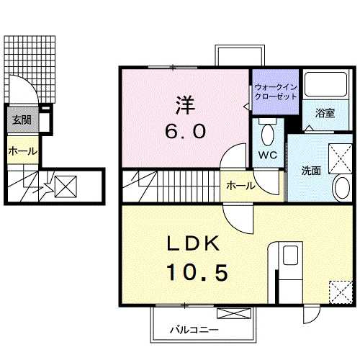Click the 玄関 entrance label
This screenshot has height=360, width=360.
22,120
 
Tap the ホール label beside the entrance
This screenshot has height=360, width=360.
23,151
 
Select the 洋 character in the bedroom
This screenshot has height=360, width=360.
185,105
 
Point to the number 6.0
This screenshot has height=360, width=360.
185,132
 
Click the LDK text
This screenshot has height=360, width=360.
194,243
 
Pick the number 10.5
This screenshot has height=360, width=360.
198,272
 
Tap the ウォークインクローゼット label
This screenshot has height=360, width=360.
276,92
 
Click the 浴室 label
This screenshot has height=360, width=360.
325,113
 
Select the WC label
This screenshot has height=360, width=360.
268,155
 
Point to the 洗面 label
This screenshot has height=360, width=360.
311,171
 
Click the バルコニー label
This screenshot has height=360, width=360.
194,330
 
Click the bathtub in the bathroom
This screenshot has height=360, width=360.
326,84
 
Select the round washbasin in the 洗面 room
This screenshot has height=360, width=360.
342,187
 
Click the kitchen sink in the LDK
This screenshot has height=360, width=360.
290,256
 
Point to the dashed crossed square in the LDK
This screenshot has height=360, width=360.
341,292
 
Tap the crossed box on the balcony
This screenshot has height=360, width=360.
234,313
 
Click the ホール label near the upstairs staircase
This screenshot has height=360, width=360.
240,186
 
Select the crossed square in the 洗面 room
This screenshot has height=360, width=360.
341,158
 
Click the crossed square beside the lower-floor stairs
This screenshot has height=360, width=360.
66,186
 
